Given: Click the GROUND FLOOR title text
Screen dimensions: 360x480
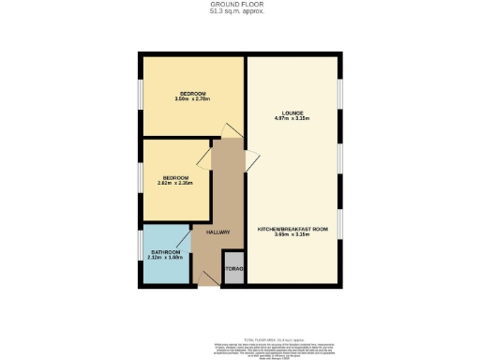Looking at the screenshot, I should click(x=240, y=5).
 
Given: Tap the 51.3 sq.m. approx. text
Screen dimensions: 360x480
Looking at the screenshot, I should click(x=240, y=11).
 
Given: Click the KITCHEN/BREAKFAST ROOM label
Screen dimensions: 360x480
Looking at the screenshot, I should click(x=293, y=229).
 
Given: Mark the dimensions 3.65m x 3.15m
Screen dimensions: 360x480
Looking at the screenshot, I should click(x=293, y=235).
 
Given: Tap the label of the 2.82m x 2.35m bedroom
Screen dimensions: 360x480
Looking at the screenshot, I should click(x=176, y=177).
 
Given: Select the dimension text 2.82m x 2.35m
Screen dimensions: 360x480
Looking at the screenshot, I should click(x=176, y=184).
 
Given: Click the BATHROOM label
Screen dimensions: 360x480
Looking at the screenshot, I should click(x=165, y=252).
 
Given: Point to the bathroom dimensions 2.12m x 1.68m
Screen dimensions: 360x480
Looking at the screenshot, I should click(x=165, y=259).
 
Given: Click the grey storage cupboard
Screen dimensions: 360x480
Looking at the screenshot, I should click(x=233, y=269).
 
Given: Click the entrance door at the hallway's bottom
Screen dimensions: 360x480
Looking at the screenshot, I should click(x=205, y=277).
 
